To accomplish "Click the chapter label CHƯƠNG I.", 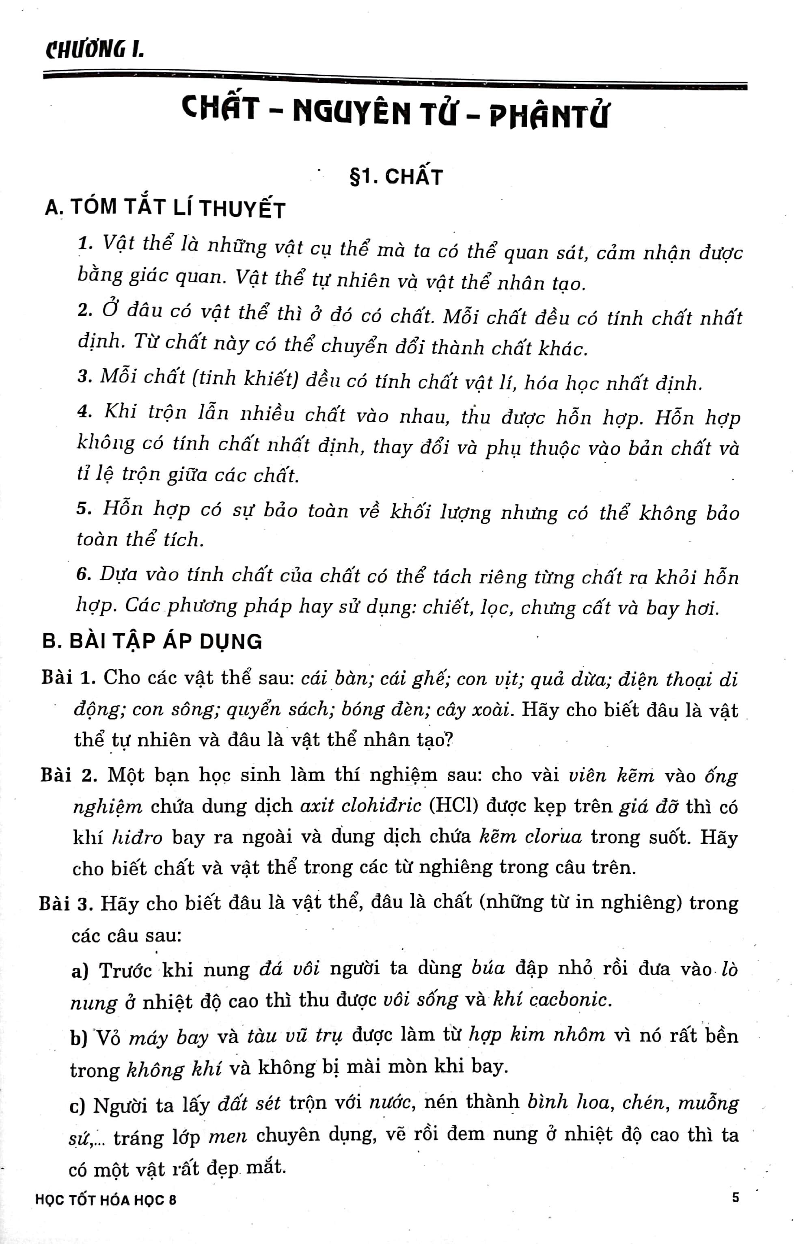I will [x=95, y=50].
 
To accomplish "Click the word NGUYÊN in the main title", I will [x=351, y=112].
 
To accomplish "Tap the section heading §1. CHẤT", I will [x=396, y=177].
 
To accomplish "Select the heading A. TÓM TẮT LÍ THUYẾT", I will [x=165, y=208].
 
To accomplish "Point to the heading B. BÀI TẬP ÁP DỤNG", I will [x=152, y=641].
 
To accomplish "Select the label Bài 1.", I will [x=68, y=677].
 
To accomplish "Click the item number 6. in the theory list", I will [x=84, y=574].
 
